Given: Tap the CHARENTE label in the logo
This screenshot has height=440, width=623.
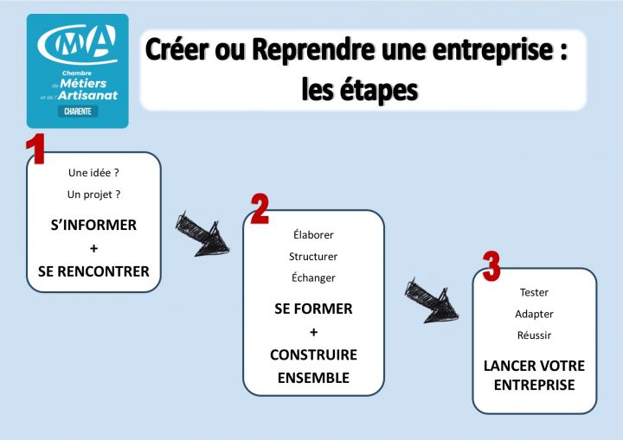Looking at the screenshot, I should coord(78,112).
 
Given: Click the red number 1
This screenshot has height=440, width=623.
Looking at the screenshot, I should coord(35,150).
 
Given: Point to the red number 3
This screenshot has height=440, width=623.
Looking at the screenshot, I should coord(491,266).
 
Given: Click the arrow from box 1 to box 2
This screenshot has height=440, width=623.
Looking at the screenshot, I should coord(202,234).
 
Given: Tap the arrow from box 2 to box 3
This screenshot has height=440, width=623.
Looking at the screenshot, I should coord(430,300).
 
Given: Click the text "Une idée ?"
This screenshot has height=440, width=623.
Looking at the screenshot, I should coord(93,172).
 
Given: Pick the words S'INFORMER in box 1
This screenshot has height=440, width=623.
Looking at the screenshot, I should coord(93,225).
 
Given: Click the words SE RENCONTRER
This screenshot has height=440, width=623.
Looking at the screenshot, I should coord(93,271).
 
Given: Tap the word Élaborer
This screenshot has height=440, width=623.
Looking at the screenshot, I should coord(313,235).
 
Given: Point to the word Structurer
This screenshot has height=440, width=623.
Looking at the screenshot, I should coord(313,257).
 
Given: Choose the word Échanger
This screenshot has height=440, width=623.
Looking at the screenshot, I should coord(313,277).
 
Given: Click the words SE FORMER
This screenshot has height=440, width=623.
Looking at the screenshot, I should coord(313,309).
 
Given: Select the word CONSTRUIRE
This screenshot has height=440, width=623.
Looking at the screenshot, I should coord(313,355).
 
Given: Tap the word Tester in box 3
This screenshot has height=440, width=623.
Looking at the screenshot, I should coord(534,292).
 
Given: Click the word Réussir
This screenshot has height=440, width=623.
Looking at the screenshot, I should coord(534,335).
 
